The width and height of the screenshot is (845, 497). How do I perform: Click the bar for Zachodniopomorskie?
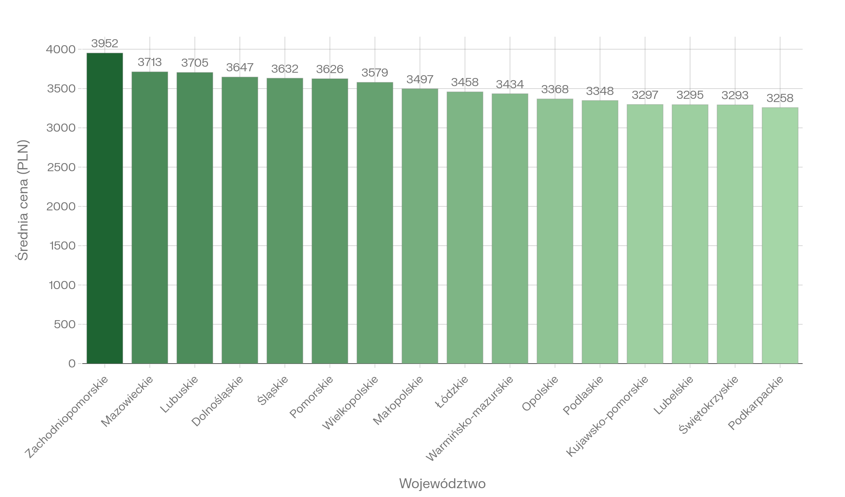tap(105, 208)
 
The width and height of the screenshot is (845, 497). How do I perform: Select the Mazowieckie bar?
tap(150, 217)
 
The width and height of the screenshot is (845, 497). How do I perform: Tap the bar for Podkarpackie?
tap(780, 235)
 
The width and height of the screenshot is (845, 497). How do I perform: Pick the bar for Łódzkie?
tap(465, 227)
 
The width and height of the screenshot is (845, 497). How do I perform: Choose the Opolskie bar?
tap(555, 231)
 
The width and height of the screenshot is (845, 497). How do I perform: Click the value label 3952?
tap(105, 43)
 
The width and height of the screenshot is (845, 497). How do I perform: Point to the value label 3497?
tap(420, 79)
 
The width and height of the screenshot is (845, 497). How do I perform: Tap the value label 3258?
tap(780, 98)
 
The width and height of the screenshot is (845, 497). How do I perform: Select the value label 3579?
tap(375, 73)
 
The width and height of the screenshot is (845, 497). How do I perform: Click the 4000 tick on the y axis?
tap(61, 49)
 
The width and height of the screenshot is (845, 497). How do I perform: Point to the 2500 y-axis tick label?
tap(61, 167)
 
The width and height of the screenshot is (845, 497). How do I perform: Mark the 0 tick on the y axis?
tap(72, 364)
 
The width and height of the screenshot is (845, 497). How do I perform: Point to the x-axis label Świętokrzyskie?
tap(708, 405)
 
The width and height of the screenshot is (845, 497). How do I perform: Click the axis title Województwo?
tap(442, 484)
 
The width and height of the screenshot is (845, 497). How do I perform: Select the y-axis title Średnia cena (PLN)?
tap(23, 200)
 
